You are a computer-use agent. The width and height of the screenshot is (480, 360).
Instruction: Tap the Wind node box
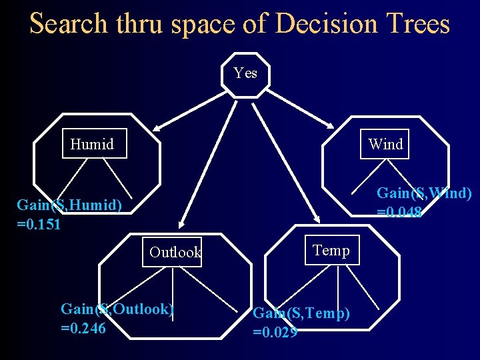(385, 144)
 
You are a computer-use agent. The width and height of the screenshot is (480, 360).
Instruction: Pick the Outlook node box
(174, 252)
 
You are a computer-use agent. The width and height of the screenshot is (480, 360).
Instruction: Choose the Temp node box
(331, 250)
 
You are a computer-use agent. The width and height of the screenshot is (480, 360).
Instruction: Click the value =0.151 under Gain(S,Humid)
(39, 224)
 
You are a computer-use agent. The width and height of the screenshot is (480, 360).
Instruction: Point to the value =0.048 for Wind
(399, 213)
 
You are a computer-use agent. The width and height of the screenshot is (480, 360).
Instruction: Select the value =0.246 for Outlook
(83, 328)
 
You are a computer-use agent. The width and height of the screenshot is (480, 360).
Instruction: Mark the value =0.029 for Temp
(275, 331)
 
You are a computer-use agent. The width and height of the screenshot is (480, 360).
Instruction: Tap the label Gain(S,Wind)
(424, 193)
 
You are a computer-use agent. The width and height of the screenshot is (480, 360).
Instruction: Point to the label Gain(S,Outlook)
(117, 309)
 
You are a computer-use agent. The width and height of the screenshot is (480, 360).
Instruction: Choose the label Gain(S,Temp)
(301, 313)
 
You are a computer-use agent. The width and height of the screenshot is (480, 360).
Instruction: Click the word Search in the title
(68, 24)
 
